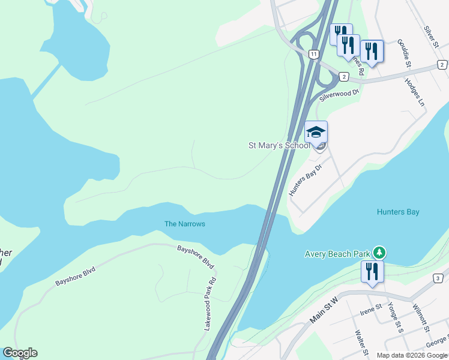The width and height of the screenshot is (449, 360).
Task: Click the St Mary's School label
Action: tap(279, 145)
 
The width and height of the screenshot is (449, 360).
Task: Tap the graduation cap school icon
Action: tap(316, 131)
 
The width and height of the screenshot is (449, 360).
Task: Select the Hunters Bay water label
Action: tap(398, 212)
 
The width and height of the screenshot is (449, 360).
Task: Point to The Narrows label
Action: tap(185, 224)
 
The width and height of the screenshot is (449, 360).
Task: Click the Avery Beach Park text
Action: tap(336, 254)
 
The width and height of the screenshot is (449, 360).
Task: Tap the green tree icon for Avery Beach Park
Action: tap(379, 252)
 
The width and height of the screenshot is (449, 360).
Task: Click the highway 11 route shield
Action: tap(314, 54)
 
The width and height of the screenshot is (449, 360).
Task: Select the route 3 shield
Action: tap(439, 278)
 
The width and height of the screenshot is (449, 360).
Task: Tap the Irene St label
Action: tap(370, 308)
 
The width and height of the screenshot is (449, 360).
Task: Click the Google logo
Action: tap(20, 353)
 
